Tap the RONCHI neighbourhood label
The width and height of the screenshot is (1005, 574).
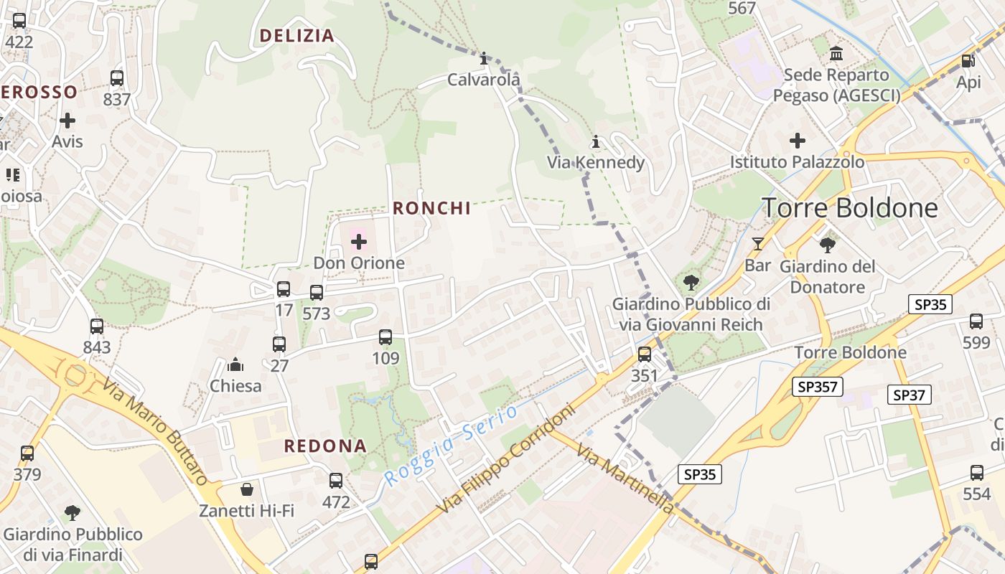[x=431, y=208]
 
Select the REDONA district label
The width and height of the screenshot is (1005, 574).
[x=325, y=446]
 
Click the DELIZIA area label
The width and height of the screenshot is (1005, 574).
[x=297, y=36]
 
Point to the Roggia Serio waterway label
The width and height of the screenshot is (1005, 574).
[x=450, y=446]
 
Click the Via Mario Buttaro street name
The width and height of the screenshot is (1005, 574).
[x=154, y=433]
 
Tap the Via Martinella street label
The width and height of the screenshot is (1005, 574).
[x=625, y=480]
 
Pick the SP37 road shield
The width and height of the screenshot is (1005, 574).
[x=910, y=394]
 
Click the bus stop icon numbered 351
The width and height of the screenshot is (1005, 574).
[x=645, y=354]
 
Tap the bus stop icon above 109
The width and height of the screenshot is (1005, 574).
[x=385, y=337]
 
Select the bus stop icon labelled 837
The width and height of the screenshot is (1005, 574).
[x=117, y=78]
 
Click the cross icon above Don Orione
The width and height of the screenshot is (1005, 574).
[x=358, y=242]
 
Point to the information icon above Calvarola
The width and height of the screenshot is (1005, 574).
[x=484, y=58]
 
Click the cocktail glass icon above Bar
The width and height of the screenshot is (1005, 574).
[x=757, y=244]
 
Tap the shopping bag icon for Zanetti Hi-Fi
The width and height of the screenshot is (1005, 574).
[x=247, y=489]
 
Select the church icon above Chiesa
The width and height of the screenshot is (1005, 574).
[x=235, y=365]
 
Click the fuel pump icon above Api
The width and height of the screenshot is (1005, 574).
[x=968, y=62]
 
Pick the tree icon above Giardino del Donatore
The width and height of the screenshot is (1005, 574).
[x=828, y=245]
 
